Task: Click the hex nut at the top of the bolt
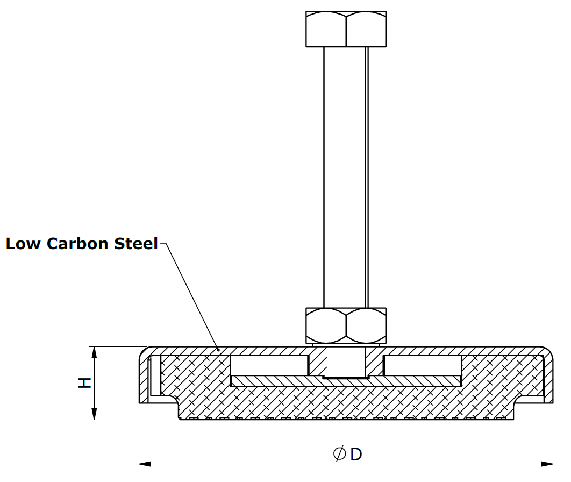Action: (346, 29)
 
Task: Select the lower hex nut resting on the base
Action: (346, 325)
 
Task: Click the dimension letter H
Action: (84, 383)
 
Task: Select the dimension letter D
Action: (356, 455)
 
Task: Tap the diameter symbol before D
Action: (339, 455)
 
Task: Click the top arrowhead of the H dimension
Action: (95, 353)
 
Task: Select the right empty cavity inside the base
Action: (422, 366)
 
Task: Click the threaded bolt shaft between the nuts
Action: (346, 178)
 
